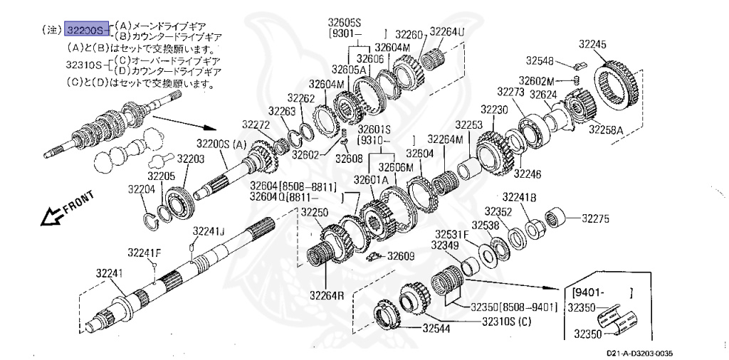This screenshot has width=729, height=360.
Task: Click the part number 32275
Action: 596,219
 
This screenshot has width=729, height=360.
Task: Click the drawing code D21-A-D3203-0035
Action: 640,353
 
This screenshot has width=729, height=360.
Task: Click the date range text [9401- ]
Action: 602,292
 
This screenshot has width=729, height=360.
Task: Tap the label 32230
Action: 494,110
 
